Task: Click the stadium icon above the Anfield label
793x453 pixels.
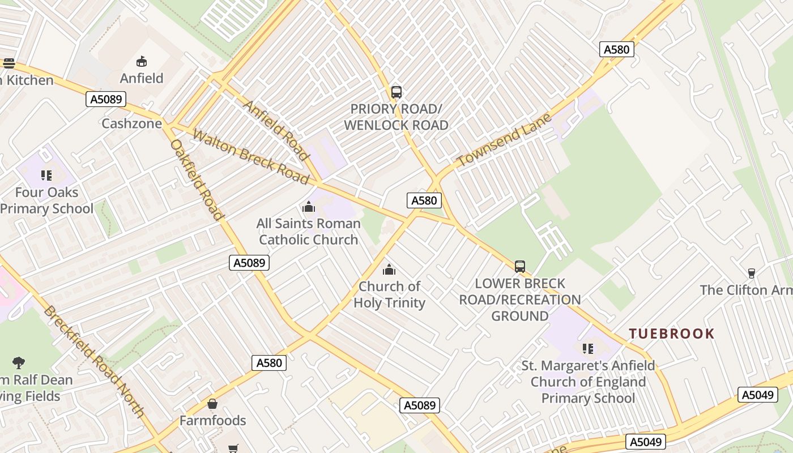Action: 142,61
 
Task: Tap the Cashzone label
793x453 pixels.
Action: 131,123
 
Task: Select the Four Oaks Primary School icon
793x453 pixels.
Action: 46,176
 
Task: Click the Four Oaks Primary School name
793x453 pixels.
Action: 46,200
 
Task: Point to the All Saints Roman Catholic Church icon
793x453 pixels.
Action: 309,207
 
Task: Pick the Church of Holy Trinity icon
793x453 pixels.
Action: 389,270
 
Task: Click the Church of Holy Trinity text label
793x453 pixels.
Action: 389,294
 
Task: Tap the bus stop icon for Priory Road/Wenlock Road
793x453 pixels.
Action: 396,92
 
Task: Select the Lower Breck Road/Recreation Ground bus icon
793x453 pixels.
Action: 520,266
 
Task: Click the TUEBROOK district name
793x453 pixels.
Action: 672,334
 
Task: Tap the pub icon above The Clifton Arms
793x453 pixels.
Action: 752,273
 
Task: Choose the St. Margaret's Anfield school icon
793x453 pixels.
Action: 588,348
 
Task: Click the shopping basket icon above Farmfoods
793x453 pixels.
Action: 212,404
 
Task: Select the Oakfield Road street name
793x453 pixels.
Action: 197,179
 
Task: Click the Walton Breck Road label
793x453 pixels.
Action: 251,157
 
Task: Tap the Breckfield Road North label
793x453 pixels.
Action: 94,361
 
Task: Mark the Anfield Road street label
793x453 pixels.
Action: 277,130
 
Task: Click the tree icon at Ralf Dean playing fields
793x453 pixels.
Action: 19,362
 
